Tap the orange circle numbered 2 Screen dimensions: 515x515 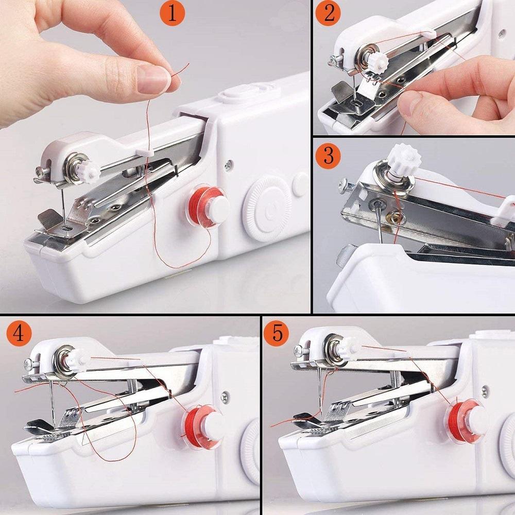[329, 13]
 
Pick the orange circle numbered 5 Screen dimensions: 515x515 [277, 333]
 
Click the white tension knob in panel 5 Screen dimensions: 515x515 [349, 346]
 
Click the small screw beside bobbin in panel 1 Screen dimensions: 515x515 [228, 165]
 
